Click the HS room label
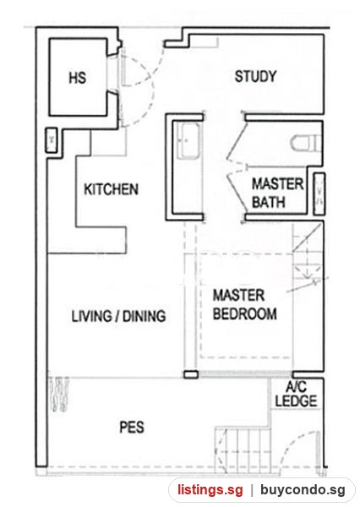point(78,78)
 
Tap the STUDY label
point(255,76)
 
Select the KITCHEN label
point(111,189)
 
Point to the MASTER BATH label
point(277,193)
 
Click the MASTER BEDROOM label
point(244,304)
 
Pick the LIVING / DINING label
point(118,316)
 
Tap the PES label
point(132,427)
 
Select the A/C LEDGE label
point(296,394)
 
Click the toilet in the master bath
point(306,143)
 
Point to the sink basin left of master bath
point(189,140)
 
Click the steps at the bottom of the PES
point(243,448)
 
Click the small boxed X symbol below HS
point(52,140)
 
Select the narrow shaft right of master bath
point(319,194)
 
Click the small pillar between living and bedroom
point(191,374)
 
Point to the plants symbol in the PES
point(59,394)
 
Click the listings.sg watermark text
point(210,490)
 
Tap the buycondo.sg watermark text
point(303,490)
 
